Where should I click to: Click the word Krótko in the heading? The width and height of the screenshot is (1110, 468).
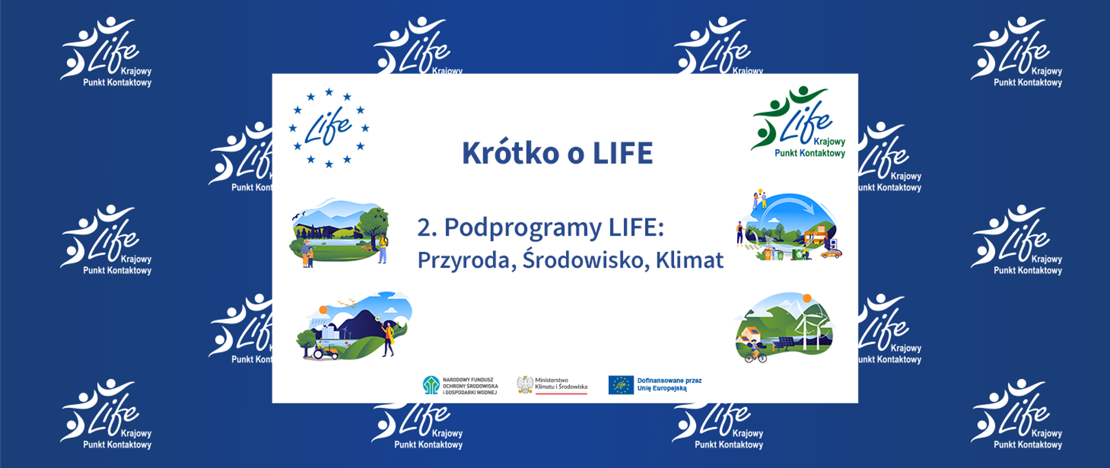[510, 153]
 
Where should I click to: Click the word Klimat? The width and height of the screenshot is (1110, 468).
[689, 261]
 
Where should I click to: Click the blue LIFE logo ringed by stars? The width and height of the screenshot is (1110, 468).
[328, 128]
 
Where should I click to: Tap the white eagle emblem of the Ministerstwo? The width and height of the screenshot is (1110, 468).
[525, 385]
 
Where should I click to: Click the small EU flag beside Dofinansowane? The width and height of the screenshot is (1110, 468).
[620, 385]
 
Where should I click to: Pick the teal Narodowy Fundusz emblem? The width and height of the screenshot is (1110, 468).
[431, 385]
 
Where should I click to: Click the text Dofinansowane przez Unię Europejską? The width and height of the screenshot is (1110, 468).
[669, 385]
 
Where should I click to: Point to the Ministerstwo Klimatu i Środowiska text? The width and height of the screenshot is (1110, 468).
[561, 384]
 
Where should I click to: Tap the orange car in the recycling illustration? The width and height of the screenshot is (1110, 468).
[831, 253]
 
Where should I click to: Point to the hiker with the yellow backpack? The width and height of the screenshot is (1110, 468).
[383, 247]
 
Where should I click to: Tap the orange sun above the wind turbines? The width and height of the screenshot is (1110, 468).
[807, 299]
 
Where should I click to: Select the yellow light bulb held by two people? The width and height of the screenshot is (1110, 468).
[760, 191]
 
